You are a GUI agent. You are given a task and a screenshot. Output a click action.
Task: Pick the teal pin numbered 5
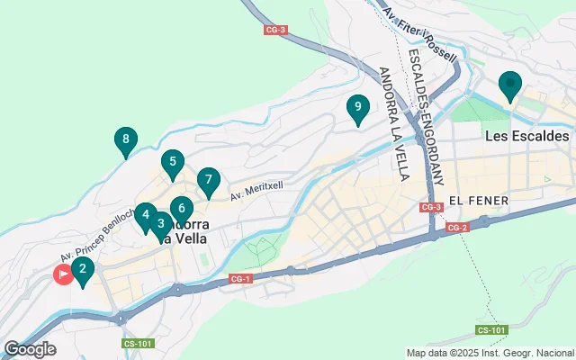click(x=172, y=163)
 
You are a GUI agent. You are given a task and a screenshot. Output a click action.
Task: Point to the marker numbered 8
click(x=126, y=140)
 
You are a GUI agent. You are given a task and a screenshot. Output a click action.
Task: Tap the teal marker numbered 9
click(x=358, y=108)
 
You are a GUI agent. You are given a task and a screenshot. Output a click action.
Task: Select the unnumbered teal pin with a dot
click(x=510, y=86)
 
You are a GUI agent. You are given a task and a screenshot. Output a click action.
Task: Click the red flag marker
click(x=64, y=274)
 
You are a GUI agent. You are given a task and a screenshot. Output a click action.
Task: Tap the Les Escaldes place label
click(x=526, y=137)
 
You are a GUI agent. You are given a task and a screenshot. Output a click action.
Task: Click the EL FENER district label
click(x=479, y=199)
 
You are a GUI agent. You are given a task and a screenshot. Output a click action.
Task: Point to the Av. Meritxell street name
click(x=263, y=187)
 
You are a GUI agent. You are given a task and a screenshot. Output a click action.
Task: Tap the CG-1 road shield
click(x=238, y=280)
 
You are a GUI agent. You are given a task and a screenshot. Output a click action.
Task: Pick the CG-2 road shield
click(x=458, y=227)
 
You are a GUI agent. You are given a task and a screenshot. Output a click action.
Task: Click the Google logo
click(x=30, y=348)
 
